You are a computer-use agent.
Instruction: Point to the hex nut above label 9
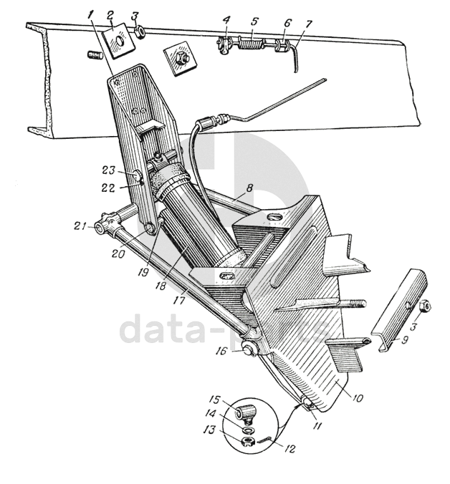[424, 306]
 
